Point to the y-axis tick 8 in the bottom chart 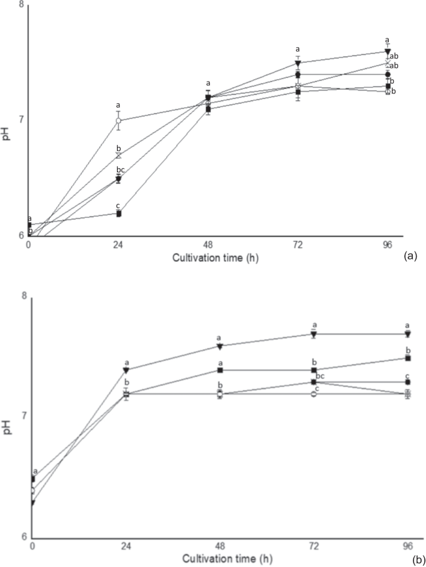pyautogui.click(x=25, y=297)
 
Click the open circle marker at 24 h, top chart pyautogui.click(x=118, y=121)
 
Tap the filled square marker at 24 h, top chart pyautogui.click(x=118, y=213)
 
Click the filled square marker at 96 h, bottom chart pyautogui.click(x=408, y=358)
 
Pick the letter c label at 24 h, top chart pyautogui.click(x=118, y=205)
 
